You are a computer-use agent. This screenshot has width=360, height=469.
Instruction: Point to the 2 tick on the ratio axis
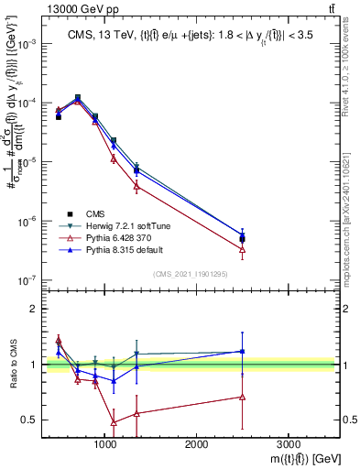(x=34, y=310)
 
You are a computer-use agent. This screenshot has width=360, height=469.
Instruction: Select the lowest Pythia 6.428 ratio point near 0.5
(x=114, y=422)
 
